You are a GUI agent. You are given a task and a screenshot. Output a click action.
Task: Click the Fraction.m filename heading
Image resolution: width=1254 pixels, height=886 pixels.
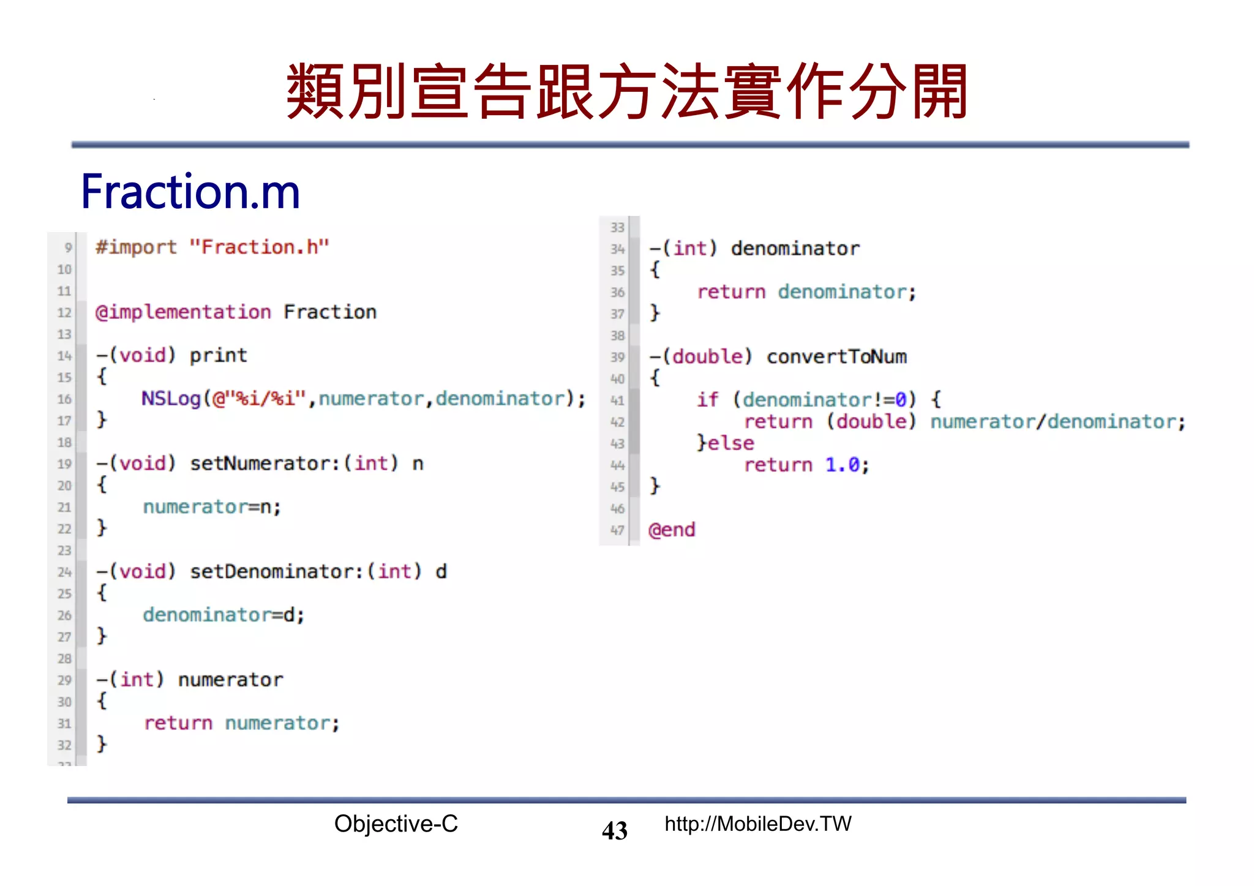click(x=190, y=192)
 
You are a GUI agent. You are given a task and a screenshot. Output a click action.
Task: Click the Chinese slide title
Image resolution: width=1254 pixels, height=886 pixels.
click(x=627, y=92)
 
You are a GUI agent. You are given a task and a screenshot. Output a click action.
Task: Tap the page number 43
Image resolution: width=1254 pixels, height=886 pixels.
click(x=614, y=831)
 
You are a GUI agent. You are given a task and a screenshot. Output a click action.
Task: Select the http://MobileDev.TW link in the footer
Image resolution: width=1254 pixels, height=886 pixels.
click(x=757, y=824)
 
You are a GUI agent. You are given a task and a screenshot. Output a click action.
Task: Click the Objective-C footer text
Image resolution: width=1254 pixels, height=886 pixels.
click(x=396, y=824)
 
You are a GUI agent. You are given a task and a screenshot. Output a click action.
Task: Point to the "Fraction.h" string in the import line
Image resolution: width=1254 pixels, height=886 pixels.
click(x=259, y=247)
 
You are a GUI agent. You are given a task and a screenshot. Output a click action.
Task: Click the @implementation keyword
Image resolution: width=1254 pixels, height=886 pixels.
click(x=183, y=312)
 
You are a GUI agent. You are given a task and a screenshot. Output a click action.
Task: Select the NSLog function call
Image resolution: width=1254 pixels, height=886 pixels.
click(x=171, y=399)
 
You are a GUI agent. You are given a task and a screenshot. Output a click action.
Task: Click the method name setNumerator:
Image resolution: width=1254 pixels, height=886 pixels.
click(x=265, y=464)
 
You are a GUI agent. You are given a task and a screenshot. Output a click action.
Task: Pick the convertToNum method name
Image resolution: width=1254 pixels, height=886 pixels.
click(x=836, y=357)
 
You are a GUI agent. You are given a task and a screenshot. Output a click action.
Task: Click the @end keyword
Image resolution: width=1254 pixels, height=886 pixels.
click(x=672, y=530)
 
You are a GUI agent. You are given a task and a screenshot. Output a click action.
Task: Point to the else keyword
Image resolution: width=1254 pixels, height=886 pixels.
click(x=731, y=443)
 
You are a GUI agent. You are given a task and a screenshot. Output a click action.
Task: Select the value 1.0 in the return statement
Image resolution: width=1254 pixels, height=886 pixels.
click(x=842, y=465)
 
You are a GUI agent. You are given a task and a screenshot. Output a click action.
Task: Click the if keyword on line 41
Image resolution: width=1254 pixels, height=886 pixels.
click(x=707, y=400)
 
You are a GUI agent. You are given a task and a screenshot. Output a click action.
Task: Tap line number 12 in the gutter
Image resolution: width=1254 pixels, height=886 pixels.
click(x=64, y=313)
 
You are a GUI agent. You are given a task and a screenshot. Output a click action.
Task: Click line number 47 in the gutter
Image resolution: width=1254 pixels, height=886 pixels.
click(x=617, y=530)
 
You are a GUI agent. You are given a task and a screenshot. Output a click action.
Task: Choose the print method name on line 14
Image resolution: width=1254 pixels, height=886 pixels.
click(x=218, y=356)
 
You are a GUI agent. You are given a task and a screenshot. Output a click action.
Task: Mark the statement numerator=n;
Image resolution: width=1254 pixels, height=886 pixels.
click(x=212, y=507)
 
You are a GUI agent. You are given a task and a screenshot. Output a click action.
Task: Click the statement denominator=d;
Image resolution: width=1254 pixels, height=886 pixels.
click(x=223, y=615)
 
